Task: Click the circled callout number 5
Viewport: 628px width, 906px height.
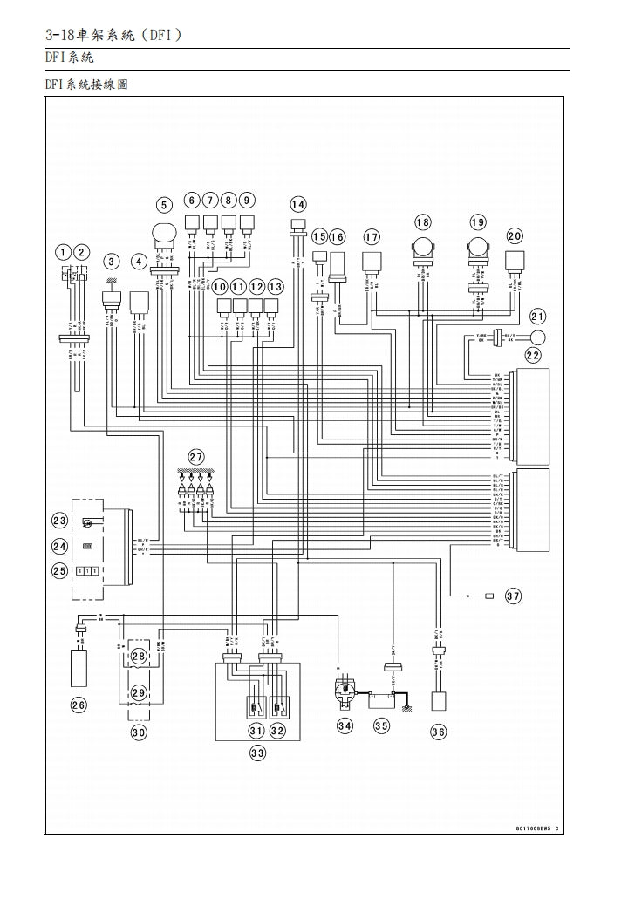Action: click(164, 205)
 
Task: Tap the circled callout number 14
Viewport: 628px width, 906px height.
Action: click(298, 204)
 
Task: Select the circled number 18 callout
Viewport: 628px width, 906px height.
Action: click(423, 222)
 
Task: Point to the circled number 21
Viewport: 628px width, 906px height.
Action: click(537, 317)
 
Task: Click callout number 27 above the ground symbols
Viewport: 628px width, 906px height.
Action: click(196, 457)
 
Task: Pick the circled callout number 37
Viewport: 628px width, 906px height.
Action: click(513, 596)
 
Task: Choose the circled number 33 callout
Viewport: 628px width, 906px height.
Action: click(257, 753)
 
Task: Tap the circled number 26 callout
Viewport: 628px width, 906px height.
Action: click(78, 705)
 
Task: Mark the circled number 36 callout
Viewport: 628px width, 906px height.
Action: click(438, 732)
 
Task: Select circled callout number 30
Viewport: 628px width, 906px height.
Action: click(139, 732)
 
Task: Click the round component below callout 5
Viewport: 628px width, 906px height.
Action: click(164, 233)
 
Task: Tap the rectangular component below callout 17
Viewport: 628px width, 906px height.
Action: click(372, 261)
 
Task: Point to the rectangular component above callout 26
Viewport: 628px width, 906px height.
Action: click(79, 667)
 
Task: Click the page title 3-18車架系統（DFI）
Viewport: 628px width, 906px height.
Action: click(114, 36)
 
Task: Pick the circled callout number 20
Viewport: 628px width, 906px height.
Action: click(515, 236)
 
